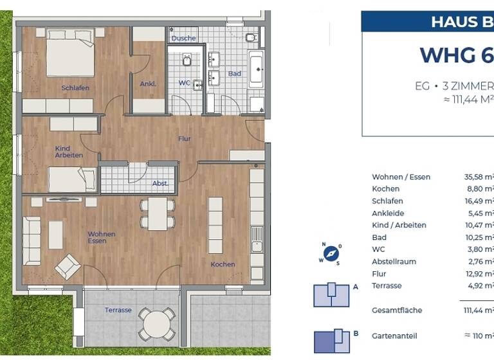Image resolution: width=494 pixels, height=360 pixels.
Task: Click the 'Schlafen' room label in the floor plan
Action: click(75, 88)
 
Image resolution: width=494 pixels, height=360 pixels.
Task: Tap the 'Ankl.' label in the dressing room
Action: click(148, 84)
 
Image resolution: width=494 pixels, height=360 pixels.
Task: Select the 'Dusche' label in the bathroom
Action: click(183, 39)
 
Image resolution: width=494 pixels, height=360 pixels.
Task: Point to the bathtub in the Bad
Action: click(256, 71)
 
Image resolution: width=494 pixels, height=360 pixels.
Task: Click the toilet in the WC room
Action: click(187, 60)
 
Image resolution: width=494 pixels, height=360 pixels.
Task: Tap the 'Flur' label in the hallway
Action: click(185, 138)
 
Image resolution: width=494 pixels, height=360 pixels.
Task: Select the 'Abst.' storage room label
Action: click(160, 183)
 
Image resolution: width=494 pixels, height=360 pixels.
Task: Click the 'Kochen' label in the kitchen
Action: click(223, 264)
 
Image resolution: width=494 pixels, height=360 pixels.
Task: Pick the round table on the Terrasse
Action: click(158, 323)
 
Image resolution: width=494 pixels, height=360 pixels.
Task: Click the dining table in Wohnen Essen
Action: click(158, 213)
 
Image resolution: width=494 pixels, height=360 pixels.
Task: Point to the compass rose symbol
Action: click(331, 253)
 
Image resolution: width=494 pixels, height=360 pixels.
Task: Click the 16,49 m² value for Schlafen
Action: click(480, 201)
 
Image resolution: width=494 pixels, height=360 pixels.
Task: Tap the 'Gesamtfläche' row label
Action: click(397, 310)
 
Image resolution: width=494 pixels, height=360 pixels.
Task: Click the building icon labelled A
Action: click(331, 294)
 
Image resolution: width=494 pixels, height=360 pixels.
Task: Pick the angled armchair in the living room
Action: click(68, 266)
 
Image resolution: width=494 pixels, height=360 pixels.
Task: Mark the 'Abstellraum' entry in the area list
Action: click(394, 262)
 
